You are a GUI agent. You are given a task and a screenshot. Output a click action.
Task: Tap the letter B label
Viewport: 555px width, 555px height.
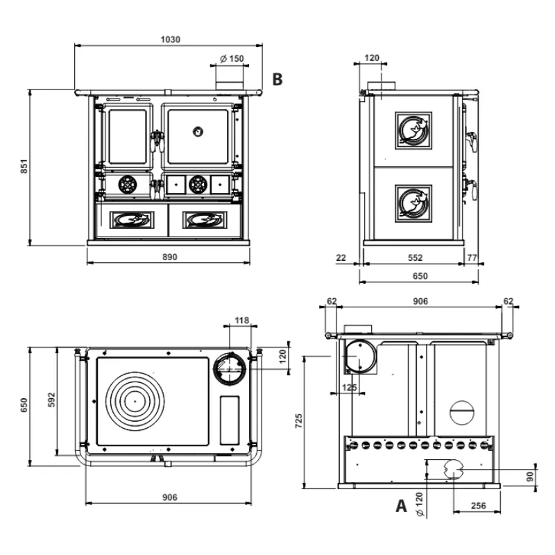point(277,80)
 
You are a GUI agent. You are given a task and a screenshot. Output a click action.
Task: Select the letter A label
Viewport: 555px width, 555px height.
point(401,506)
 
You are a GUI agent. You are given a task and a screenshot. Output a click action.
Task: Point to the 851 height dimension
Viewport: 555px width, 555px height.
point(23,166)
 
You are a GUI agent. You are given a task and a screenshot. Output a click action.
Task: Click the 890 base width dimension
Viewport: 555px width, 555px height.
point(169,257)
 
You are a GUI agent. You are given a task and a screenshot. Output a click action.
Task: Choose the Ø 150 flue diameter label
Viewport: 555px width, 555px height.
point(232,59)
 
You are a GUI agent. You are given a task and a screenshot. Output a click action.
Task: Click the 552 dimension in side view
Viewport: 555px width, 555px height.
point(414,257)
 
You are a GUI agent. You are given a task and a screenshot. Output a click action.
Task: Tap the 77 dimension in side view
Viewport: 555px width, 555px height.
point(472,257)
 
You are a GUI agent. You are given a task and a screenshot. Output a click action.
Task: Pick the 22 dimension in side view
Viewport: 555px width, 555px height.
point(341,257)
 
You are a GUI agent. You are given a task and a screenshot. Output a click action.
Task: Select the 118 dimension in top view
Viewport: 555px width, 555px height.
point(241,320)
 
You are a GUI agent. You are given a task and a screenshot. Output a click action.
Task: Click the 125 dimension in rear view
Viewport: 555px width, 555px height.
point(350,387)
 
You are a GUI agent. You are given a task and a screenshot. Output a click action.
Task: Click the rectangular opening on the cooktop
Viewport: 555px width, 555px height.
point(229,420)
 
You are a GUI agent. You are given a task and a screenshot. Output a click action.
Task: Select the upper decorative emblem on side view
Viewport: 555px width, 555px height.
point(413,130)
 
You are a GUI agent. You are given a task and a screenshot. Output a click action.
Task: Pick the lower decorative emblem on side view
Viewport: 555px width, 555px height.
point(413,203)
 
